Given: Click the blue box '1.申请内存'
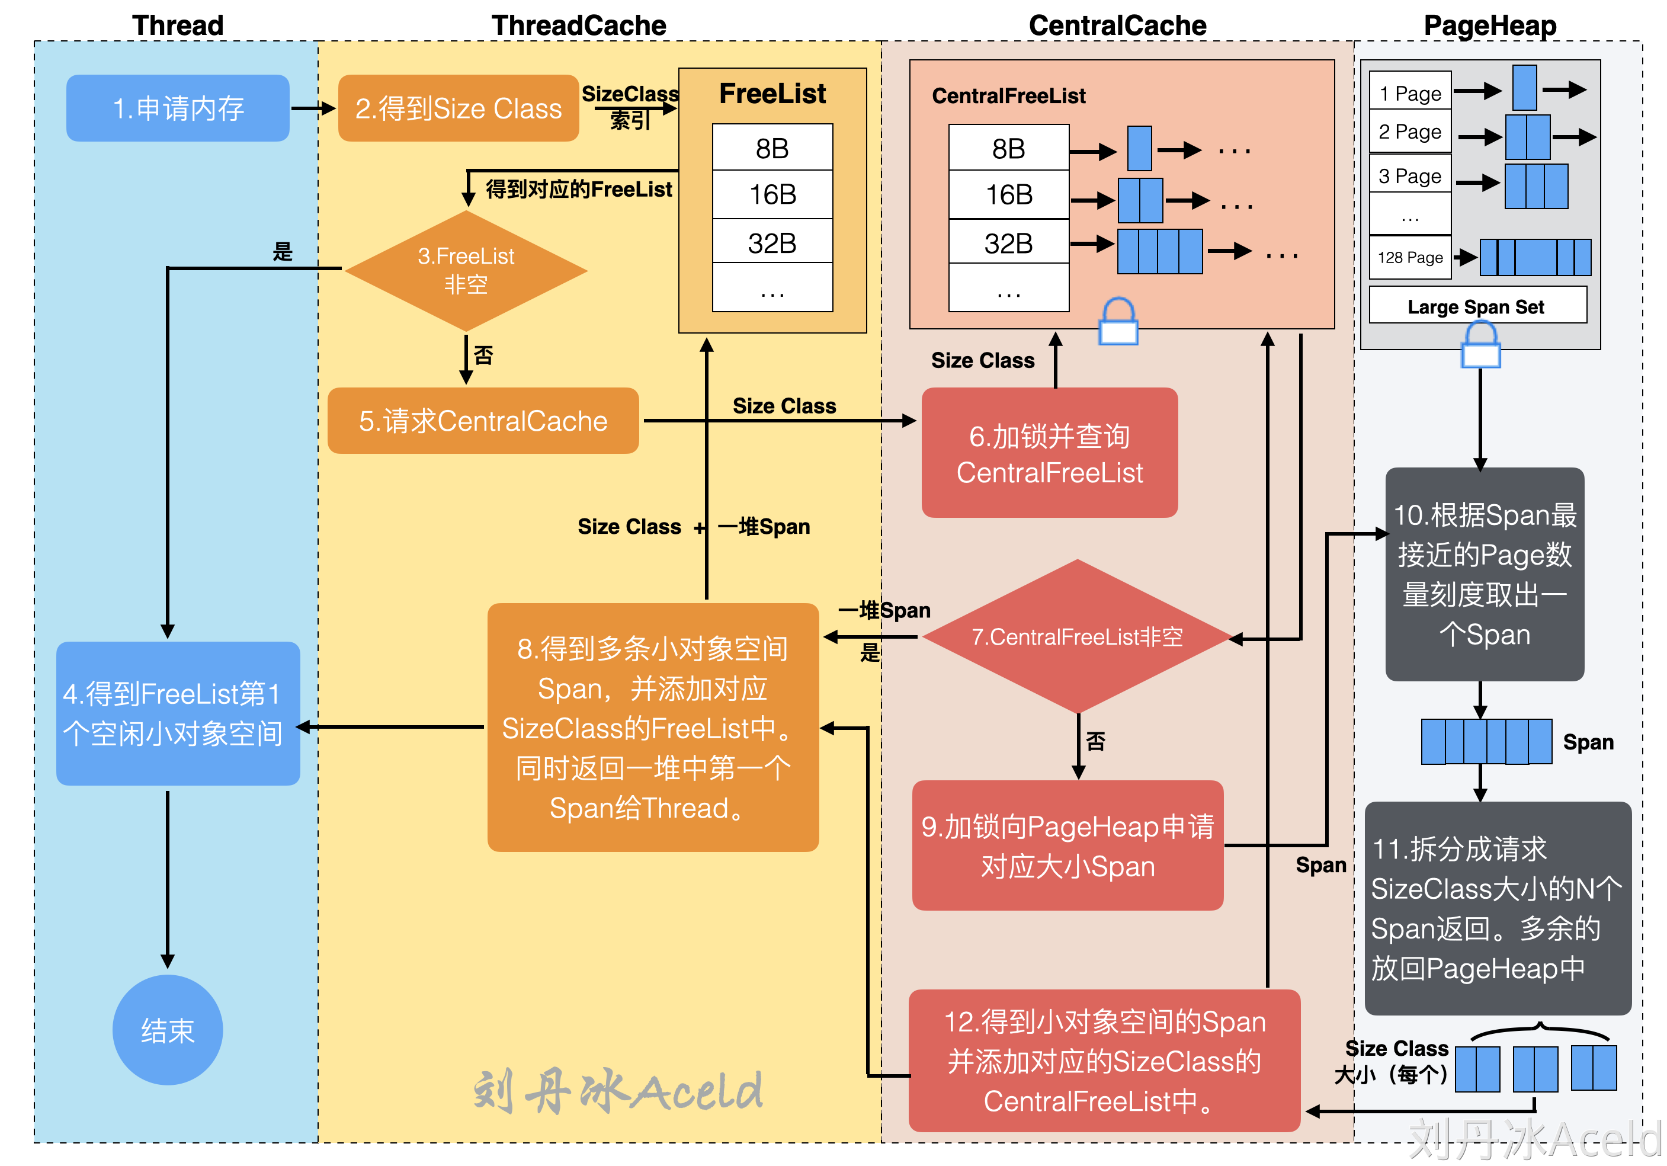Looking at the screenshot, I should [178, 108].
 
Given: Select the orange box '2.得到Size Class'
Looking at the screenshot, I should [458, 108].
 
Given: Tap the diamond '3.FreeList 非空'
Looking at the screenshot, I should [466, 271].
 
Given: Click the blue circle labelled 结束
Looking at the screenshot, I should [168, 1030].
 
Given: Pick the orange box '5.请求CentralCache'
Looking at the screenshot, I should [483, 421].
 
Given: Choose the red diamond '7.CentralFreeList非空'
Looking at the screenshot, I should [1078, 637].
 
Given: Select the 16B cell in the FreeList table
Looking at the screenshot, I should [772, 194].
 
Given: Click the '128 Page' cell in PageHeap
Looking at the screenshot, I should [1410, 258].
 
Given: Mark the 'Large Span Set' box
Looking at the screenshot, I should [1477, 306].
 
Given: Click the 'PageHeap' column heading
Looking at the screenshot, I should [1490, 25].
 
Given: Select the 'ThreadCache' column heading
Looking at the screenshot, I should [579, 25].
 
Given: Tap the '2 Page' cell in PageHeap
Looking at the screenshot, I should [1410, 132].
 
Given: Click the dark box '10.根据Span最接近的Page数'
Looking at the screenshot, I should [1485, 574].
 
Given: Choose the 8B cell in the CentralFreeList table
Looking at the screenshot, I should [1008, 149].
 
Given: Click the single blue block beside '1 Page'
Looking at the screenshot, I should [1524, 88].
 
